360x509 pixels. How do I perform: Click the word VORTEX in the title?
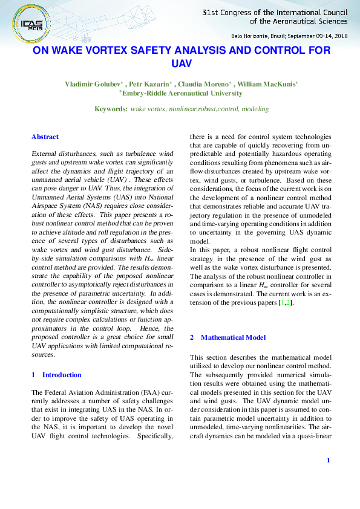(x=128, y=51)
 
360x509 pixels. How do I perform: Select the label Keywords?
(x=111, y=109)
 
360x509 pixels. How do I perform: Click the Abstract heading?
(x=45, y=137)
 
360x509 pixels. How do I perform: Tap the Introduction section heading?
(x=61, y=375)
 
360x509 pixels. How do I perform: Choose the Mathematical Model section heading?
(x=233, y=337)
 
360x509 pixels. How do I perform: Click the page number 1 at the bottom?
(x=327, y=461)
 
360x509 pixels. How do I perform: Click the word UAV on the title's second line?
(x=182, y=63)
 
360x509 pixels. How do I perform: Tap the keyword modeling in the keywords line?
(x=255, y=109)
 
